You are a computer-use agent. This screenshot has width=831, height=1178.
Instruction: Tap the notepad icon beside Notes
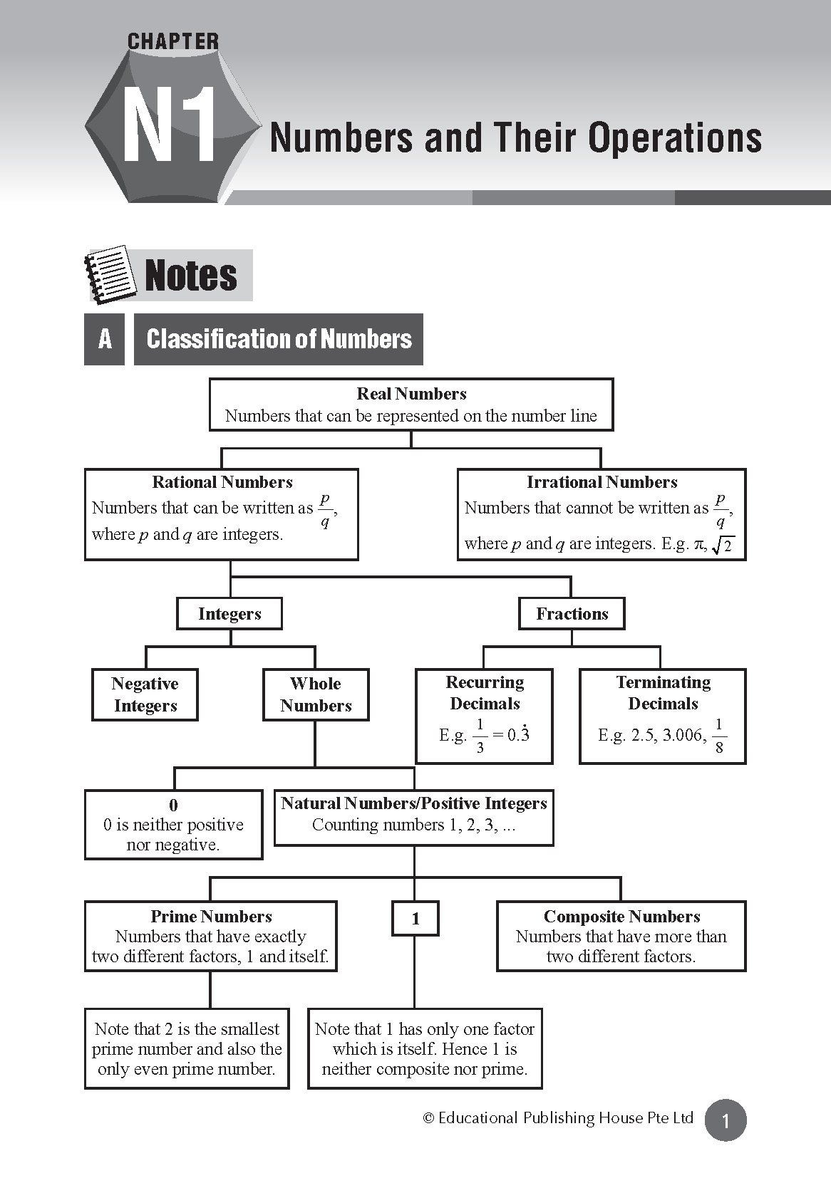pos(110,275)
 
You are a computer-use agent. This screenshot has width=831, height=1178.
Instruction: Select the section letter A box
pos(105,339)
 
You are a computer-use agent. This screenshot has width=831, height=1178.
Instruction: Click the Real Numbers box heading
pos(411,394)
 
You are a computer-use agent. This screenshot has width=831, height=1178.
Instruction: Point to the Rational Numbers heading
pos(222,482)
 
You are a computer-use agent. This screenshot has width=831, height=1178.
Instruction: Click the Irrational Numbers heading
pos(602,482)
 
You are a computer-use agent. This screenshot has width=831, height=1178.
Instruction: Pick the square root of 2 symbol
pos(723,546)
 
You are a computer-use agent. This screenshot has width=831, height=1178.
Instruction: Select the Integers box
pos(229,614)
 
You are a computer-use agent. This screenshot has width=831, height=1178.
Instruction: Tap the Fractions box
pos(572,614)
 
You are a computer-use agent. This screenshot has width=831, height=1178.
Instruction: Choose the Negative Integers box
pos(145,694)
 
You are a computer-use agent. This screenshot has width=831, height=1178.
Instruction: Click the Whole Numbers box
pos(316,694)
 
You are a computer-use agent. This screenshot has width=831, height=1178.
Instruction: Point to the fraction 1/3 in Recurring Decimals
pos(480,736)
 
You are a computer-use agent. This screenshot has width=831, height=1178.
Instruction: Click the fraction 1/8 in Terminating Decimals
pos(718,736)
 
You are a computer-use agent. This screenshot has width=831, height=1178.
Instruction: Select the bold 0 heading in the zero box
pos(173,806)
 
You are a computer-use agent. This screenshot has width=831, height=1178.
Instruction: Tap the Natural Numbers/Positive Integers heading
pos(413,803)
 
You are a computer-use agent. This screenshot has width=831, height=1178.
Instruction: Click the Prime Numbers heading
pos(211,917)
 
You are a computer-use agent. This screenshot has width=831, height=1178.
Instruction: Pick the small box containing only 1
pos(415,919)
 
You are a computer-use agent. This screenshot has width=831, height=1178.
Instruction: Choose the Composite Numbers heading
pos(621,917)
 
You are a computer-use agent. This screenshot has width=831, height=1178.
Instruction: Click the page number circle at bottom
pos(726,1121)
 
